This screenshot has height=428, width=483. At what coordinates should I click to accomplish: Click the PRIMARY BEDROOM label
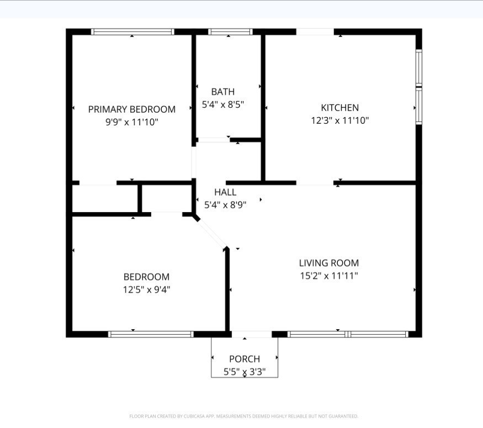click(132, 109)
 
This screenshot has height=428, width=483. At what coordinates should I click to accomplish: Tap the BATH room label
click(222, 92)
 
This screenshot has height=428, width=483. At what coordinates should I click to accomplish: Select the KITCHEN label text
click(340, 108)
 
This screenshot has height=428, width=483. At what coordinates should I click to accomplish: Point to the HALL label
click(225, 192)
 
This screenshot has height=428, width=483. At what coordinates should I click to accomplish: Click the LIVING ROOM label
click(329, 263)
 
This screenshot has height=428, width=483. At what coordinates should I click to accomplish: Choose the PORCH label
click(245, 359)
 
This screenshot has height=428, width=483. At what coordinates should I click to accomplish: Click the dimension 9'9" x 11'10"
click(132, 123)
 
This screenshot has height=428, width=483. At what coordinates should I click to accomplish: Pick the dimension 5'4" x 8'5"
click(222, 105)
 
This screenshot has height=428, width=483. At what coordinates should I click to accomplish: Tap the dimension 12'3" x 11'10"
click(340, 120)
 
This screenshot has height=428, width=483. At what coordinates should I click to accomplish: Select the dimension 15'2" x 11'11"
click(329, 276)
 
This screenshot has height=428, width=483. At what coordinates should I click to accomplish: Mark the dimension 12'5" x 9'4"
click(147, 290)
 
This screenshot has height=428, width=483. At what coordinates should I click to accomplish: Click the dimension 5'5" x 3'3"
click(245, 372)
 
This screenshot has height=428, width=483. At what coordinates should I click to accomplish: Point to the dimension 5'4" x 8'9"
click(225, 205)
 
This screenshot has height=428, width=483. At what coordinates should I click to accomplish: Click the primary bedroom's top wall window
click(132, 31)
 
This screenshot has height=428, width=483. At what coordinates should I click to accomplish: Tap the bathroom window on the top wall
click(230, 31)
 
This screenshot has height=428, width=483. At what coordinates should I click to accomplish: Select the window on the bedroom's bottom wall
click(151, 334)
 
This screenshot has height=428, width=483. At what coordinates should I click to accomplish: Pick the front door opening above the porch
click(252, 334)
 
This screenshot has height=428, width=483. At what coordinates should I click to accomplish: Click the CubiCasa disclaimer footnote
click(243, 416)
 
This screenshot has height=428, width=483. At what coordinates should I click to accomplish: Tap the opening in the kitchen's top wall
click(315, 31)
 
